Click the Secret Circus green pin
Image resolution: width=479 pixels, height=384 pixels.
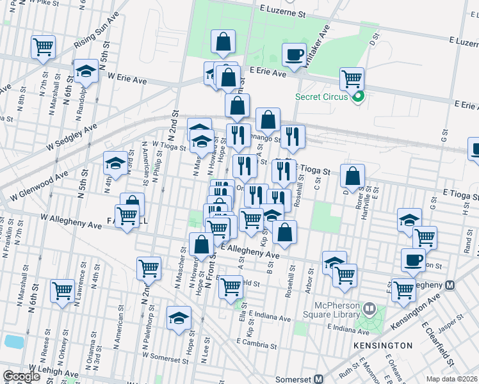point(359,97)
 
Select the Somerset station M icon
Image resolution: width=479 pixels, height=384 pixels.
point(318,379)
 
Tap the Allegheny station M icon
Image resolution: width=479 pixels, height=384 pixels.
point(450,284)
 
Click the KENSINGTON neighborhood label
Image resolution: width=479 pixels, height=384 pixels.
point(382,346)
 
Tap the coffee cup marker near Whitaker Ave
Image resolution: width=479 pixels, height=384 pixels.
point(295,55)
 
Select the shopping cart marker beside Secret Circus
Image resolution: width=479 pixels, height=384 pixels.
point(352,79)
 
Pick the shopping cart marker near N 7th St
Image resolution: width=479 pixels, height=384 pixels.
point(43,47)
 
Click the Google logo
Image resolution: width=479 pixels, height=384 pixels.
point(21,376)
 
